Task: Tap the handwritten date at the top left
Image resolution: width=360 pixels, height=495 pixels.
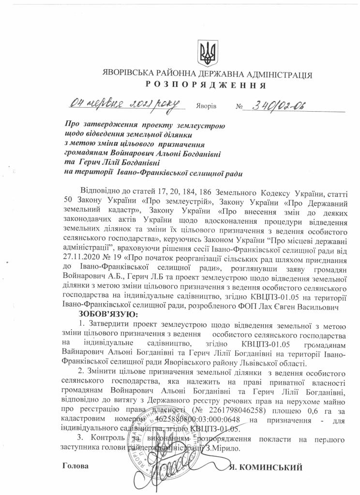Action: pyautogui.click(x=124, y=103)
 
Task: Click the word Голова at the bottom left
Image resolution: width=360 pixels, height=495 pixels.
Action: pyautogui.click(x=76, y=467)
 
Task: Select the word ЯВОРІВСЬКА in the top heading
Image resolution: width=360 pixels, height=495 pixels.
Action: pyautogui.click(x=129, y=75)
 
